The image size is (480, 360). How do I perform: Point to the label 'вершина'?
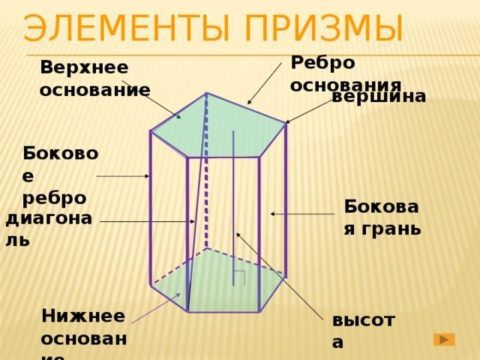tap(379, 96)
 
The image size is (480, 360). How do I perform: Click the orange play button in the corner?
tap(445, 340)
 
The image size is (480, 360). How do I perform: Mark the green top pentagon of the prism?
tap(217, 127)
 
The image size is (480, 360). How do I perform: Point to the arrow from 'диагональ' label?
tap(146, 222)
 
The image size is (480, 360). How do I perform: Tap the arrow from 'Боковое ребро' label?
tap(124, 176)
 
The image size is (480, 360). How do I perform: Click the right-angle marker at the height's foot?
tap(240, 277)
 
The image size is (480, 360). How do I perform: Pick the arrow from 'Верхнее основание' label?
tap(154, 100)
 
